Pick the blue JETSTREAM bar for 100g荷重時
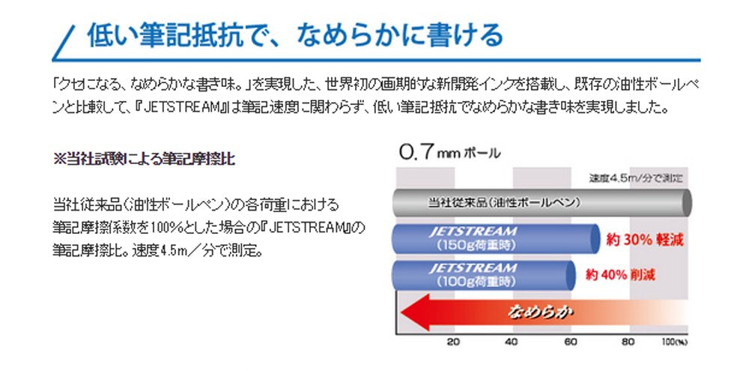pyautogui.click(x=483, y=274)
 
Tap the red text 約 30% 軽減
pyautogui.click(x=646, y=241)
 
